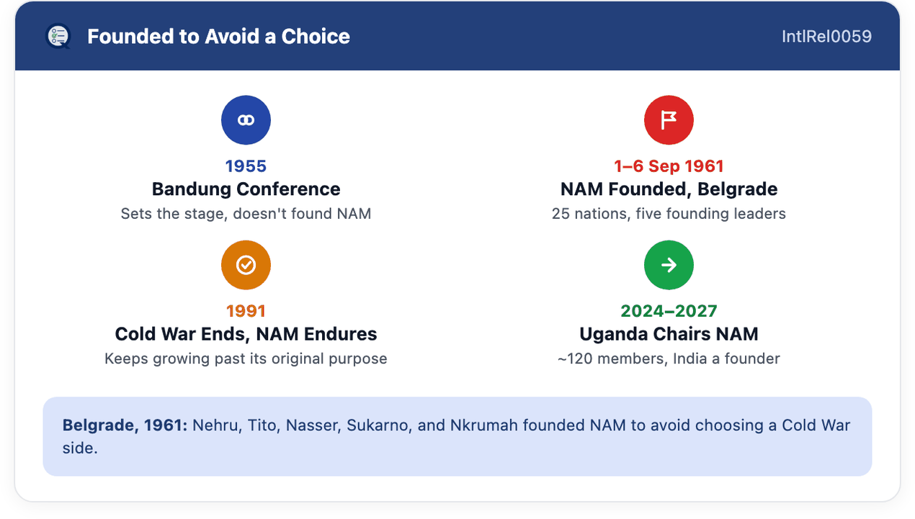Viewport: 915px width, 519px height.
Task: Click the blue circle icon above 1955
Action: tap(246, 120)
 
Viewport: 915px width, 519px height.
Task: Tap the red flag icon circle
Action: tap(669, 120)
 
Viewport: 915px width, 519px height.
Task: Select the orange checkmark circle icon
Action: tap(246, 265)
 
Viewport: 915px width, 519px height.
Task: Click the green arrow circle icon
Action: tap(669, 265)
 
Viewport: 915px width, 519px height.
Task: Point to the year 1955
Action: tap(246, 166)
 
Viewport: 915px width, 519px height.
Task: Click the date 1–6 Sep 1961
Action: tap(669, 166)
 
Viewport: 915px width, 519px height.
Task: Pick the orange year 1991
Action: tap(246, 311)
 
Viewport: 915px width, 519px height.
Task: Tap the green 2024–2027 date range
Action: tap(669, 311)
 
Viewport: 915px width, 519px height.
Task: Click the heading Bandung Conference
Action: tap(246, 189)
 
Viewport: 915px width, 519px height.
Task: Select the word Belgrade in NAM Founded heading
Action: tap(737, 189)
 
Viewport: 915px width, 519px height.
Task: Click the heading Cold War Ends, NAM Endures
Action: tap(246, 334)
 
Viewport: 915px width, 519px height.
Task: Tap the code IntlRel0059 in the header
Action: tap(827, 36)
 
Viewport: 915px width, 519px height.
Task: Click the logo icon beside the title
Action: tap(58, 36)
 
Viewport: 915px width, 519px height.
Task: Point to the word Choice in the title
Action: tap(316, 36)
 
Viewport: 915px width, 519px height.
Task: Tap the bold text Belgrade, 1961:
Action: tap(125, 425)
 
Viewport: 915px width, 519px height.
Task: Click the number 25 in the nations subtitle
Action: tap(561, 213)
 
